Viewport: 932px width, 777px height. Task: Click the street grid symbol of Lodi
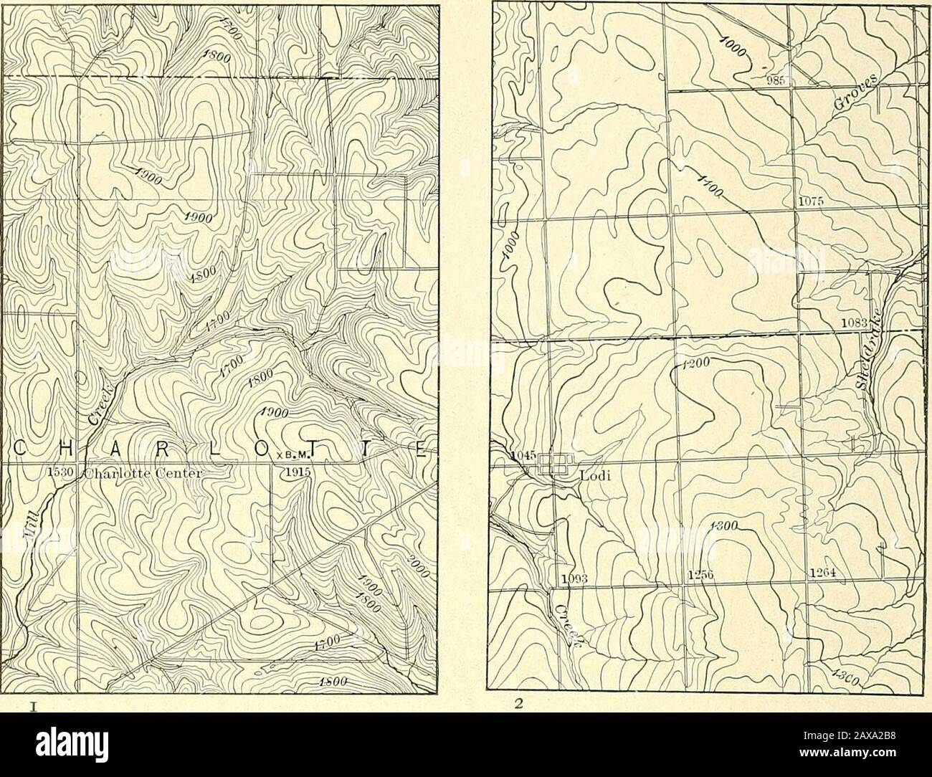point(553,464)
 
